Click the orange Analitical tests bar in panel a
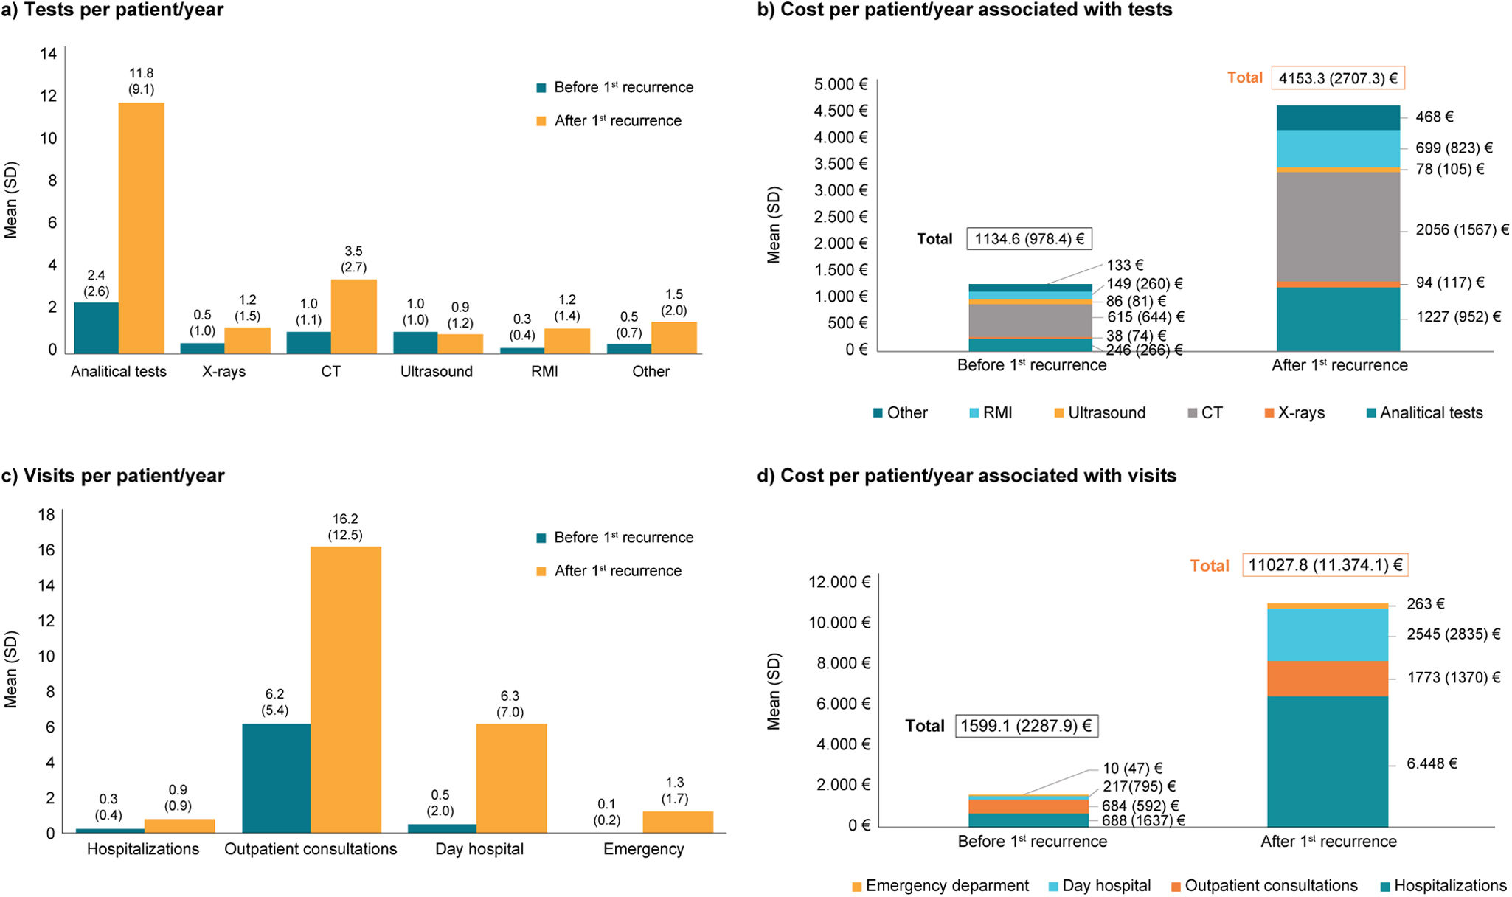tap(142, 228)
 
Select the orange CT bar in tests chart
tap(354, 316)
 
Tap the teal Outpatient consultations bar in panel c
tap(276, 778)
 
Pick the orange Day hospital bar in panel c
tap(511, 778)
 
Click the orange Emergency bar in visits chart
tap(678, 822)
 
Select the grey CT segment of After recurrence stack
tap(1338, 226)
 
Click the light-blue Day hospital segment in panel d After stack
tap(1328, 634)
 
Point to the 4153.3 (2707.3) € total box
tap(1338, 78)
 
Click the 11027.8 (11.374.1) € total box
tap(1325, 565)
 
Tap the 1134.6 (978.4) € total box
tap(1029, 238)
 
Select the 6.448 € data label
tap(1432, 763)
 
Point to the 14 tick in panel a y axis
tap(49, 53)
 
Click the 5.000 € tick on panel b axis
tap(841, 84)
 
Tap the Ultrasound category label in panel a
tap(437, 371)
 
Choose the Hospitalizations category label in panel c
tap(143, 849)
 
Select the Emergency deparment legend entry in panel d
tap(940, 885)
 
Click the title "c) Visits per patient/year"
tap(113, 475)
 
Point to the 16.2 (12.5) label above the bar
tap(345, 527)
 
